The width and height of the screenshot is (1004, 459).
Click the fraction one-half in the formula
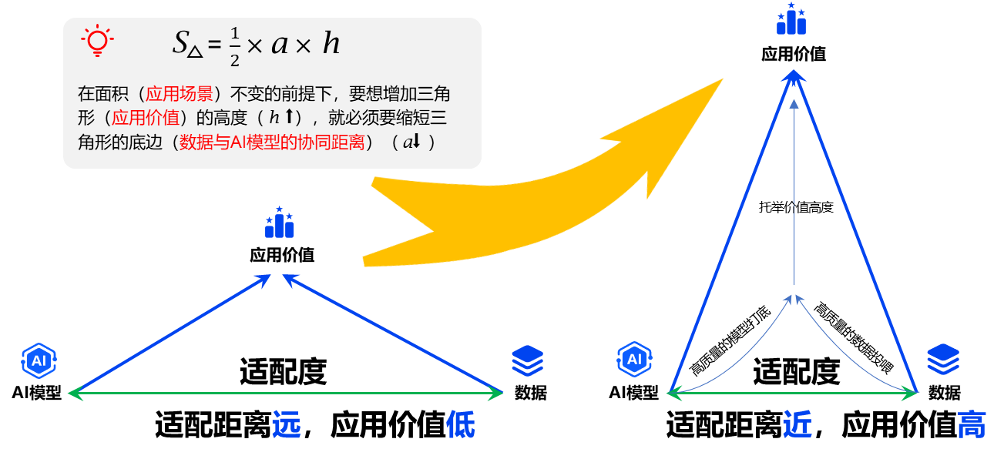tap(234, 46)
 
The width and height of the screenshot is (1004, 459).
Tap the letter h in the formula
tap(331, 44)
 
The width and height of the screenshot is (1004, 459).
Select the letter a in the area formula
tap(279, 45)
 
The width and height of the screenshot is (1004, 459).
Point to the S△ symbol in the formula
tap(186, 44)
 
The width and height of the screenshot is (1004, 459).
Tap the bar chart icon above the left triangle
tap(279, 223)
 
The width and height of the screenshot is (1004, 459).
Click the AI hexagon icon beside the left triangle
tap(39, 360)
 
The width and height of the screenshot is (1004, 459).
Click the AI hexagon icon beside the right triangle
tap(634, 360)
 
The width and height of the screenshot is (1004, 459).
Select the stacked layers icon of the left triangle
tap(528, 360)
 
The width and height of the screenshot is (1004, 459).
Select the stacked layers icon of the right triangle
tap(942, 359)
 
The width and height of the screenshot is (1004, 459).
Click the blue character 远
tap(286, 424)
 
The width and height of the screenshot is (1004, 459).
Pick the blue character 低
tap(461, 424)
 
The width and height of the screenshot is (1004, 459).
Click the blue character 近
tap(797, 424)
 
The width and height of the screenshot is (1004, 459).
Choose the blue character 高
tap(972, 424)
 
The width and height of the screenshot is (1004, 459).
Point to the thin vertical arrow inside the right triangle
tap(794, 200)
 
